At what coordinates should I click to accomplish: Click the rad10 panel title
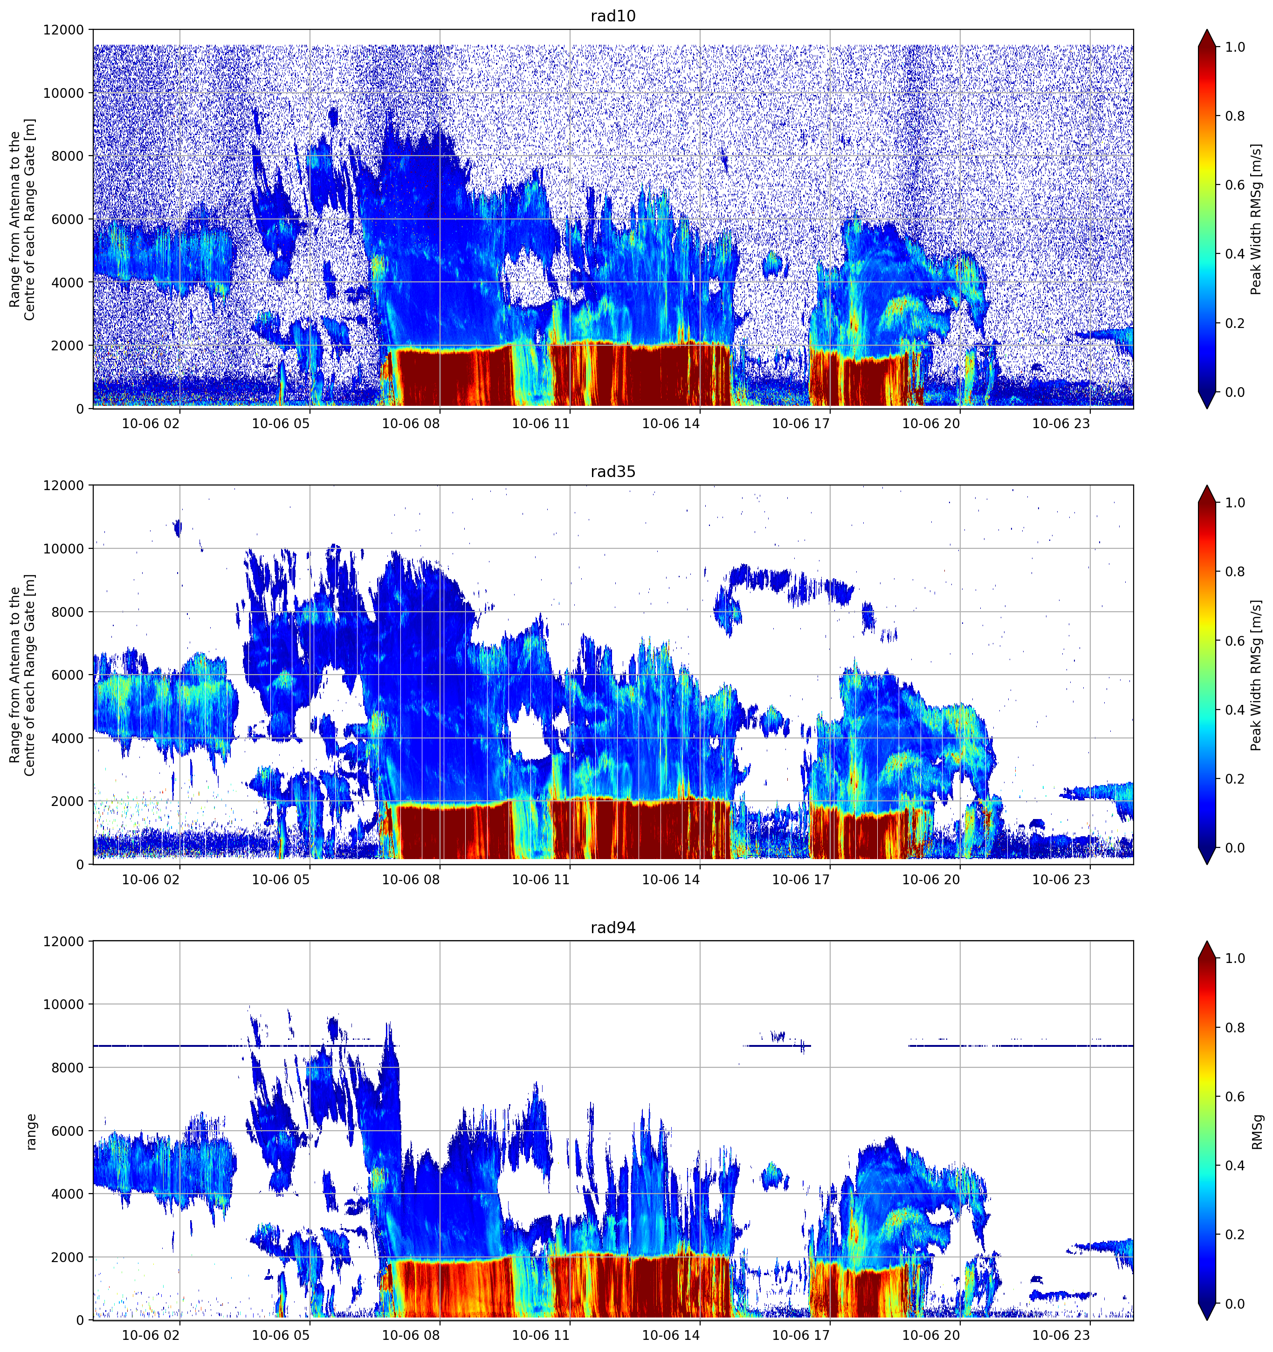[612, 16]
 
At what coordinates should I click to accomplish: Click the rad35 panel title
[612, 471]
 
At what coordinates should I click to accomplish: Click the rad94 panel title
[612, 928]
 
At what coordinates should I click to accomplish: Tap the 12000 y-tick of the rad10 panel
[64, 30]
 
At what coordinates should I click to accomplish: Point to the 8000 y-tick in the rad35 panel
[68, 612]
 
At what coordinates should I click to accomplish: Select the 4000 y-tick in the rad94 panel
[68, 1194]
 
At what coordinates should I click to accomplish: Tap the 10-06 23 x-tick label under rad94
[1061, 1336]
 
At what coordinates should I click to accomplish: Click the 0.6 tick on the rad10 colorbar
[1235, 185]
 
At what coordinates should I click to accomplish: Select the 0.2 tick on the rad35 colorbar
[1235, 778]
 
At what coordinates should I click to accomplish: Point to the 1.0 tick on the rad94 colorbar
[1235, 958]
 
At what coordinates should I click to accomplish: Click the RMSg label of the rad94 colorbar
[1257, 1132]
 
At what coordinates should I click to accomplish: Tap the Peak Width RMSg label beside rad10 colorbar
[1256, 219]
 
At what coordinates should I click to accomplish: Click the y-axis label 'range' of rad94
[31, 1132]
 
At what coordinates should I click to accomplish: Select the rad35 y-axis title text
[22, 675]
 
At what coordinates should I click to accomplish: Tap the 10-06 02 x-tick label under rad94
[151, 1336]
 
